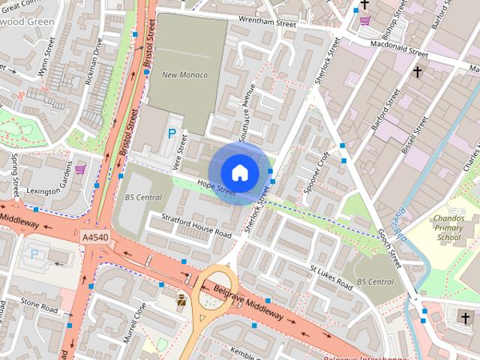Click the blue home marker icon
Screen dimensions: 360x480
(239, 172)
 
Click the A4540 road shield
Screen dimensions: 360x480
(94, 236)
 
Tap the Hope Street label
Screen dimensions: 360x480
(217, 187)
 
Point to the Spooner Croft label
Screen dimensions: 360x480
(318, 172)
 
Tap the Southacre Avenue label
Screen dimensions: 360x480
(247, 112)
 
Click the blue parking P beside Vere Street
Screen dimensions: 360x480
(172, 135)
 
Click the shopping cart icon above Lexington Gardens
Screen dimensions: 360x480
(80, 169)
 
